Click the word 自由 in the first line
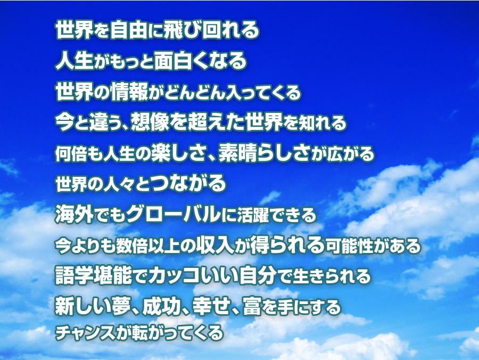point(129,30)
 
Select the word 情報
point(129,91)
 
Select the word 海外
point(74,214)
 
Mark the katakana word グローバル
point(173,214)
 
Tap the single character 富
point(252,306)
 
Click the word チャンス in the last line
point(85,333)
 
